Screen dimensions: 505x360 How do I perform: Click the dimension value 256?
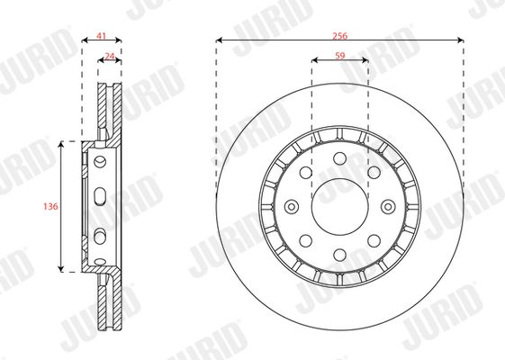tap(340, 36)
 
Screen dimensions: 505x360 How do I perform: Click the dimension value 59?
tap(339, 56)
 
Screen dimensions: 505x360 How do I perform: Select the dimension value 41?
tap(102, 36)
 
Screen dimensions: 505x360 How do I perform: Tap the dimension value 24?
tap(110, 57)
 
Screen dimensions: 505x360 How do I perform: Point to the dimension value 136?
tap(50, 206)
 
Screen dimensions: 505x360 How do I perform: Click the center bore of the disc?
tap(339, 207)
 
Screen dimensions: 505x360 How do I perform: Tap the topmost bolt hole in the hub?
tap(339, 158)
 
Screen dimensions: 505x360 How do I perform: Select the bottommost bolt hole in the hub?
tap(339, 255)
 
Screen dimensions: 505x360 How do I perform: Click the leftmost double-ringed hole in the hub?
tap(292, 207)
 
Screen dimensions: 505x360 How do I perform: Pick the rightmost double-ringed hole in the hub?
tap(388, 207)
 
